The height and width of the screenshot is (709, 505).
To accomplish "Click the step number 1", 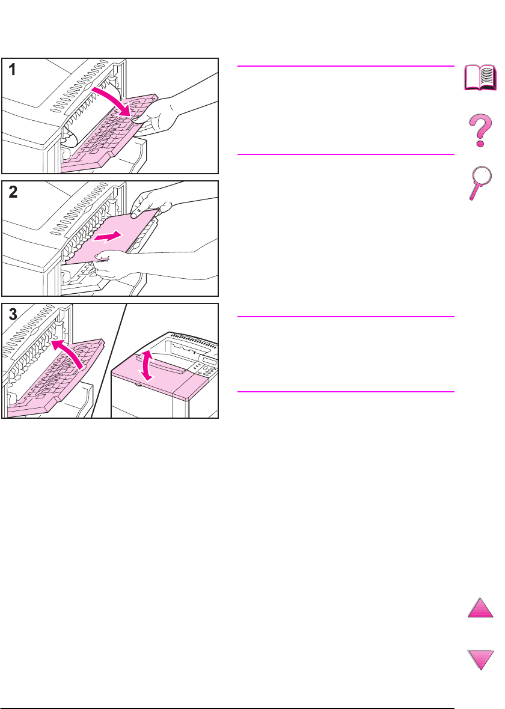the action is click(12, 70).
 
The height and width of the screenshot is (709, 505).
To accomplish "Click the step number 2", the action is click(13, 192).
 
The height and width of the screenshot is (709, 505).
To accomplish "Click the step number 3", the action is click(13, 314).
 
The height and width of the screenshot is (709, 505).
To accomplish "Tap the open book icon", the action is click(480, 78).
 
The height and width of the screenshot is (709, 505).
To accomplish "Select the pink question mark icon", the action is click(480, 130).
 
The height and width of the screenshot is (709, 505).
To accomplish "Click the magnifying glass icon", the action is click(479, 183).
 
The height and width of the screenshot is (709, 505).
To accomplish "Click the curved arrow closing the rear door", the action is click(68, 353).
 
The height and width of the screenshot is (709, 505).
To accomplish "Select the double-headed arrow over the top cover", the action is click(145, 365).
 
